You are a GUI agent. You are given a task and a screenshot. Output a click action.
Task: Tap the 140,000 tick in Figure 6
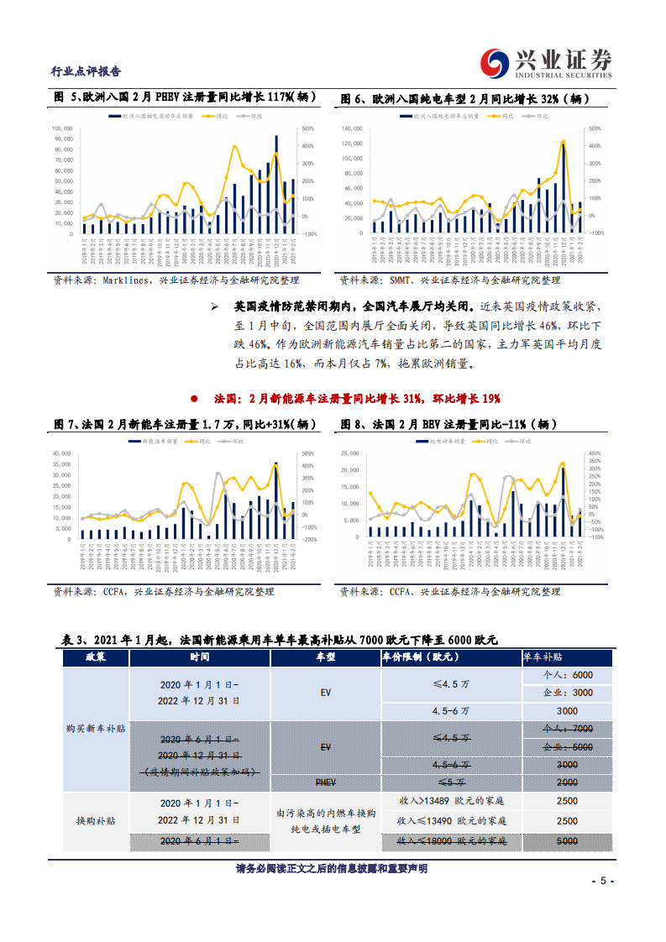point(351,128)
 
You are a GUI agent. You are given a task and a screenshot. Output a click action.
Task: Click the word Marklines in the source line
point(126,280)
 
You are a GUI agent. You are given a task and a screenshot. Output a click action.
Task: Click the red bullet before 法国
point(194,398)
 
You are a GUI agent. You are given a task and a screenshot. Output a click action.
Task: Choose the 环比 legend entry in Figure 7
point(233,441)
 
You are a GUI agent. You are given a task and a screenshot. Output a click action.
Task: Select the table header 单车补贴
point(567,657)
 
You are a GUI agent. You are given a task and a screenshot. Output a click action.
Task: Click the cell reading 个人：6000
point(567,676)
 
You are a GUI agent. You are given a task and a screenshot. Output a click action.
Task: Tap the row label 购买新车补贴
point(95,729)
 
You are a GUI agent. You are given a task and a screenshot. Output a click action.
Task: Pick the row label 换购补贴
point(95,819)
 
